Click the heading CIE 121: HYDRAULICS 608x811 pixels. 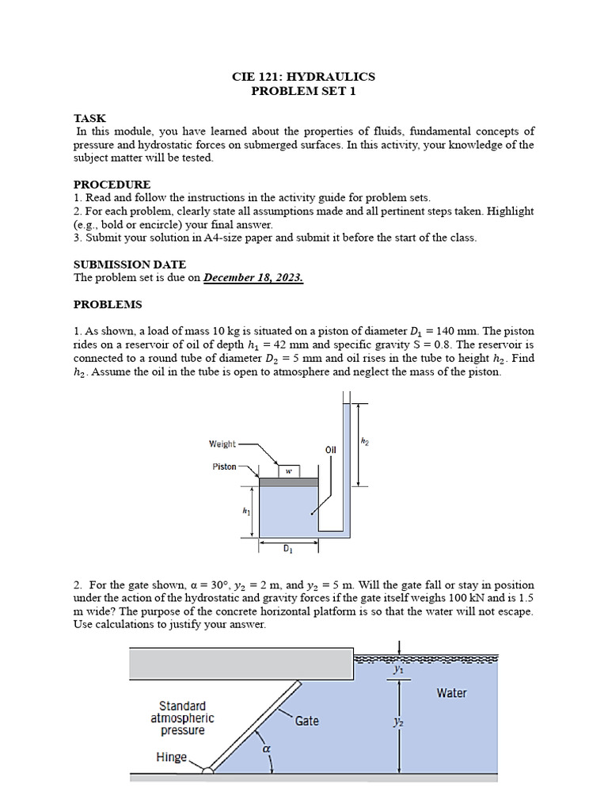[x=303, y=77]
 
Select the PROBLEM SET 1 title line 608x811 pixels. [x=303, y=91]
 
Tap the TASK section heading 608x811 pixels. [x=89, y=118]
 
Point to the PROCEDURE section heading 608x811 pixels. [x=112, y=185]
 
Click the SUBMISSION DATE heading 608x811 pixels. [x=130, y=265]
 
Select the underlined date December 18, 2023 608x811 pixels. [x=253, y=278]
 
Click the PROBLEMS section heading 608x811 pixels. [x=108, y=304]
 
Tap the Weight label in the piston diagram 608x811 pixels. [x=222, y=444]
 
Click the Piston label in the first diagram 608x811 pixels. [x=224, y=466]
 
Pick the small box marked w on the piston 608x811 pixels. [x=289, y=470]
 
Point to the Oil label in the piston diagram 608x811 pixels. [x=331, y=449]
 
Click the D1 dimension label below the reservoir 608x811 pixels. [x=288, y=547]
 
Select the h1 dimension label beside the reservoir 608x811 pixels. [x=246, y=512]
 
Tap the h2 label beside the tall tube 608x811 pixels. [x=365, y=443]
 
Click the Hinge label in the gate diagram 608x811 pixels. [x=171, y=757]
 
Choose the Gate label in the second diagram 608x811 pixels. [x=307, y=721]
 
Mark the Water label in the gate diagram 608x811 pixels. [x=451, y=693]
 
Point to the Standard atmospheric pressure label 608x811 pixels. [x=182, y=718]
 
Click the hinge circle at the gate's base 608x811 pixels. [x=207, y=768]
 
